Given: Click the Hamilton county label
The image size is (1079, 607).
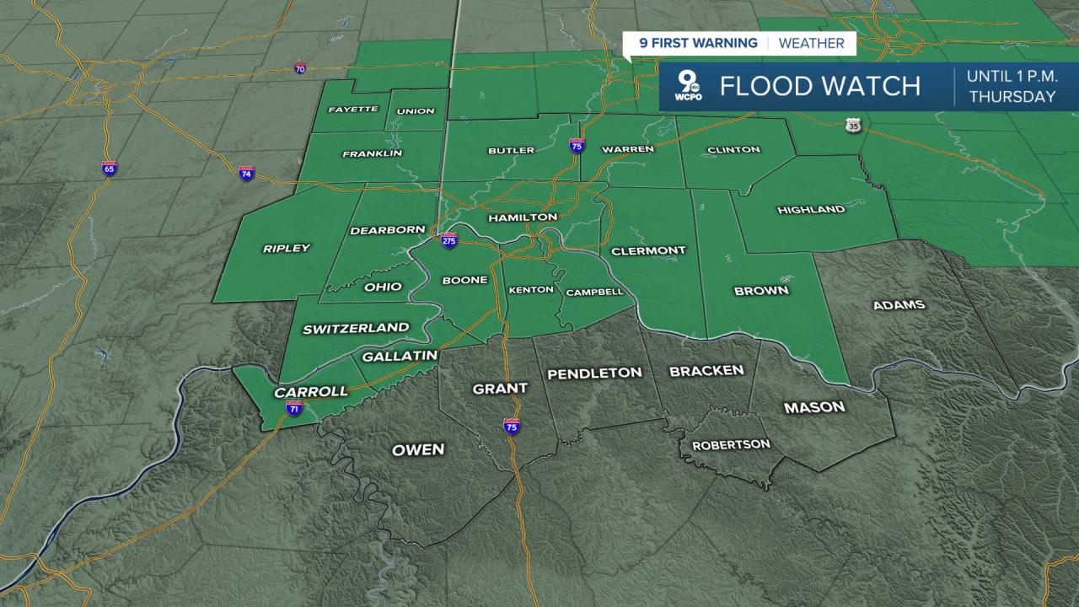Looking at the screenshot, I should point(523,218).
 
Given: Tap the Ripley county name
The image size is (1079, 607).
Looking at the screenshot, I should point(287,248).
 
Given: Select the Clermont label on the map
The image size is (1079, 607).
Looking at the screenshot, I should point(648,250).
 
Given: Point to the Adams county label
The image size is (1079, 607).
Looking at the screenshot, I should point(899,304).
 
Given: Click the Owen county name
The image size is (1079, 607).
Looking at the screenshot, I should point(418,449).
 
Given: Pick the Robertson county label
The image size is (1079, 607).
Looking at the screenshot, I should point(731,444).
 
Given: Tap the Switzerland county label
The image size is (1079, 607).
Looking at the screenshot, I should point(356,328).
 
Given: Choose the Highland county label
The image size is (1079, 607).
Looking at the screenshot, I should point(811,209).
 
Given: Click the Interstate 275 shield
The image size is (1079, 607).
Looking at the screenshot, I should point(449,240).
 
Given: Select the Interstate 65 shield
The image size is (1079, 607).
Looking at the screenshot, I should point(109,167).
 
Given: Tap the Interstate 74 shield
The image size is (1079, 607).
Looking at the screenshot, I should point(246,173).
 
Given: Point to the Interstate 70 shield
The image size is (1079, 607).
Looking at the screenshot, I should point(300,67).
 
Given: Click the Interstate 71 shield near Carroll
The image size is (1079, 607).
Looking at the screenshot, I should point(294,409).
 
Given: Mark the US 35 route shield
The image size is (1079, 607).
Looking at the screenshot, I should point(854,126).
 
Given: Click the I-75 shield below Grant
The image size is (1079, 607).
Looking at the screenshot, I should point(512,426).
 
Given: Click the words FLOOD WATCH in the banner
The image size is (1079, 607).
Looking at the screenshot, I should point(819,86).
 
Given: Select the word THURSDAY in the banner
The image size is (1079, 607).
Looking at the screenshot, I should point(1012,97).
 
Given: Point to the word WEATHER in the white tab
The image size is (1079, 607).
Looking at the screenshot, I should point(811,43).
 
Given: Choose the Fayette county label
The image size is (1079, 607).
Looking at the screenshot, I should point(353,110).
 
